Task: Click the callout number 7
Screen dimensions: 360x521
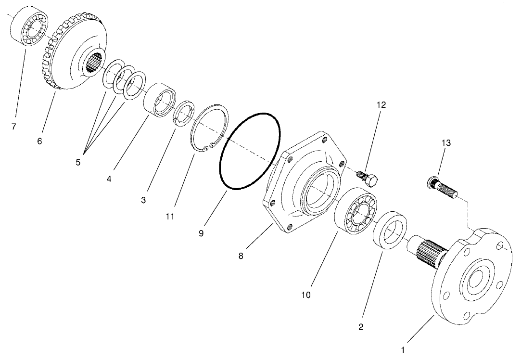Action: click(x=14, y=127)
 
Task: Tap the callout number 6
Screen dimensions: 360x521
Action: click(x=39, y=141)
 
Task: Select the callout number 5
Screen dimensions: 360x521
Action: click(x=78, y=162)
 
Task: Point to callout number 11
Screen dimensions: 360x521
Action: click(x=169, y=217)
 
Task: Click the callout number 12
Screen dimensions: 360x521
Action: click(x=381, y=104)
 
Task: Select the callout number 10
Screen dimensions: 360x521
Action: click(x=306, y=294)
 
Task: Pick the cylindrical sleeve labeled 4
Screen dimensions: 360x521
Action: click(x=159, y=100)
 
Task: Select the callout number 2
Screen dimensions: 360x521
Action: click(x=361, y=327)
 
